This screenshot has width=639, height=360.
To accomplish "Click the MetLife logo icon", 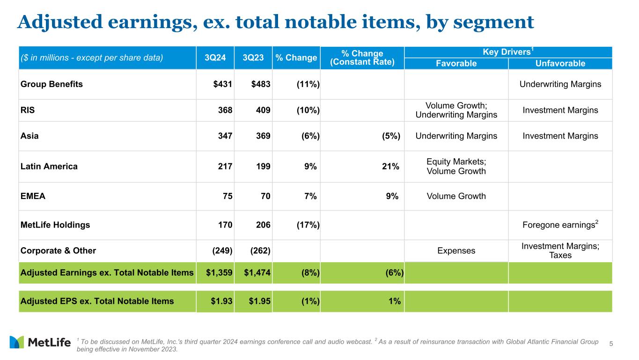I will (17, 342).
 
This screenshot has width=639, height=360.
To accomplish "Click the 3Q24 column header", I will (215, 58).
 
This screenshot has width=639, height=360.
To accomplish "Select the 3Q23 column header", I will (253, 58).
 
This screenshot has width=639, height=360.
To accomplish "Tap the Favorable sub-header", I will (456, 64).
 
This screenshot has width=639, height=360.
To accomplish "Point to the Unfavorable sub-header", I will (560, 64).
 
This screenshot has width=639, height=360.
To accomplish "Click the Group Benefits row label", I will (51, 84).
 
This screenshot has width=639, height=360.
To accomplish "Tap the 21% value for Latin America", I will (389, 166).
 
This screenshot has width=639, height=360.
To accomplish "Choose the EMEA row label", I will (33, 196).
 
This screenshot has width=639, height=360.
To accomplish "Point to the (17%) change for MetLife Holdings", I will (308, 225).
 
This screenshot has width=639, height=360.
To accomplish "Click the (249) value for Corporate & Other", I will (222, 250).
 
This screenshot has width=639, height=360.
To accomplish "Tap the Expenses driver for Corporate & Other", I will (456, 250).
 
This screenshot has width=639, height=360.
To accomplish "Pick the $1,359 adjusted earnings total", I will (219, 273).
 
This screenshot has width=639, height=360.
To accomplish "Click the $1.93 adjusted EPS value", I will (221, 301).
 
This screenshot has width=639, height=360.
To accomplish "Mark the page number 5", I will (611, 345).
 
